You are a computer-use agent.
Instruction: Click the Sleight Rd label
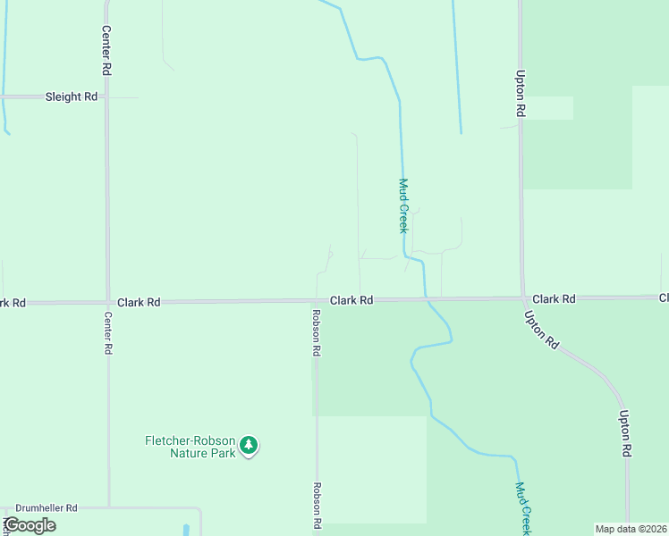71,96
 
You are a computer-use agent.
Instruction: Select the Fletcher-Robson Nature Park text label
191,447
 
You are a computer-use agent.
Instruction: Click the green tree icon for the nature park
250,445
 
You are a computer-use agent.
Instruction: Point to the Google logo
30,525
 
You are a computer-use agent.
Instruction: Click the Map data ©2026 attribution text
631,529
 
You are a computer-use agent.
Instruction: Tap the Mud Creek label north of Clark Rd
403,205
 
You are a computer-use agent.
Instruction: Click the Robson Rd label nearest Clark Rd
317,333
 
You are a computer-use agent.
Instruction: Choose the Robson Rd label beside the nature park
317,506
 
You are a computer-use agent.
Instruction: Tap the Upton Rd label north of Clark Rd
519,95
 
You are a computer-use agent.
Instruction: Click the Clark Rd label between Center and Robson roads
139,303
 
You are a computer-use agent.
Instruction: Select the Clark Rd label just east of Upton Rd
554,298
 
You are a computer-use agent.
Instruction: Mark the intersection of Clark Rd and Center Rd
107,303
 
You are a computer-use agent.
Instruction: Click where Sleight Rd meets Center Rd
107,96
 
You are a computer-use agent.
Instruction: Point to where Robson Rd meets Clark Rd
317,301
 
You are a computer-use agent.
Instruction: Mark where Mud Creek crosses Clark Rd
426,299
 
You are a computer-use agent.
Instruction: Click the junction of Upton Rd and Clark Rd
522,298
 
